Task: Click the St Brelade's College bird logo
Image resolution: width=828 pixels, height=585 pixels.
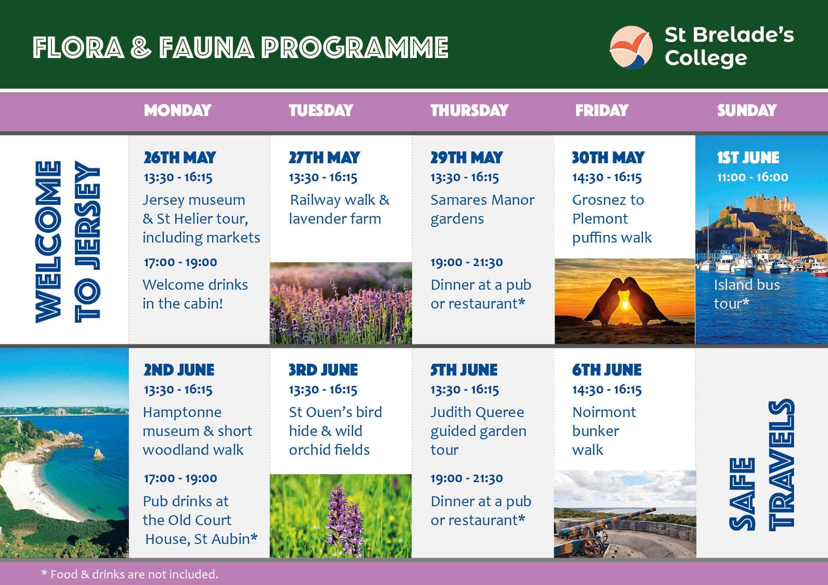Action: coord(631,47)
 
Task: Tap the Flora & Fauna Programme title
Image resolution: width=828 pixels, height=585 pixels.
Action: coord(240,48)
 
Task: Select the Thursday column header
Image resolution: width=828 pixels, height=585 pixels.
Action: coord(469,110)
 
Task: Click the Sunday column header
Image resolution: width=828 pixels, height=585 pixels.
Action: coord(747,110)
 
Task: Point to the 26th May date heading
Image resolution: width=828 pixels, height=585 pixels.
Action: coord(180,158)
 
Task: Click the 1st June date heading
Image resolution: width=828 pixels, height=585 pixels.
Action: coord(748,158)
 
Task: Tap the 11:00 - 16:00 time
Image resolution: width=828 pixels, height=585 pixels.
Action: coord(752,177)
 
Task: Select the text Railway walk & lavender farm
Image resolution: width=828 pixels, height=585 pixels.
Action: coord(339,209)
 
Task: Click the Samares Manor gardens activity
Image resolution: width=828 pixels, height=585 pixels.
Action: coord(482,209)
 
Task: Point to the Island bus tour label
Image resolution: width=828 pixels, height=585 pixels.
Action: coord(746,294)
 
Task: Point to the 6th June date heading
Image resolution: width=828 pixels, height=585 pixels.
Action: coord(607,370)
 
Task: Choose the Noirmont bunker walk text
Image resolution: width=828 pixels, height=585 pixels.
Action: coord(604,431)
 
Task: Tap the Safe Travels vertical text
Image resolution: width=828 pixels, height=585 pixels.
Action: coord(761,465)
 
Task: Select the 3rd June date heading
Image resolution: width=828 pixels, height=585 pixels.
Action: coord(323,370)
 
